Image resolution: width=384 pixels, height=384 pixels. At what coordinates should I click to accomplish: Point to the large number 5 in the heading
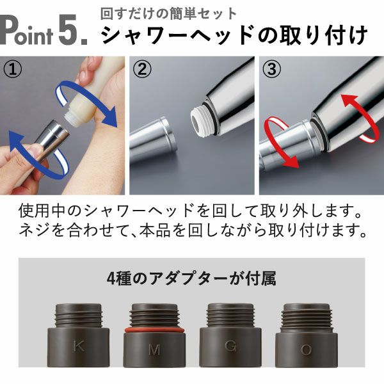click(71, 31)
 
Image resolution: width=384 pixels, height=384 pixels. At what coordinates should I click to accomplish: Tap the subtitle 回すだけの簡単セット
click(168, 13)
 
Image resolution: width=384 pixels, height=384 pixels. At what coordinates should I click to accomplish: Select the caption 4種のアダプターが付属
click(191, 280)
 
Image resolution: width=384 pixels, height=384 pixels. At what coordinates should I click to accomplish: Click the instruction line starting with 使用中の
click(191, 211)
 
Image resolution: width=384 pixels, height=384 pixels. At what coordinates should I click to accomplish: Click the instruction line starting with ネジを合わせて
click(191, 230)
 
